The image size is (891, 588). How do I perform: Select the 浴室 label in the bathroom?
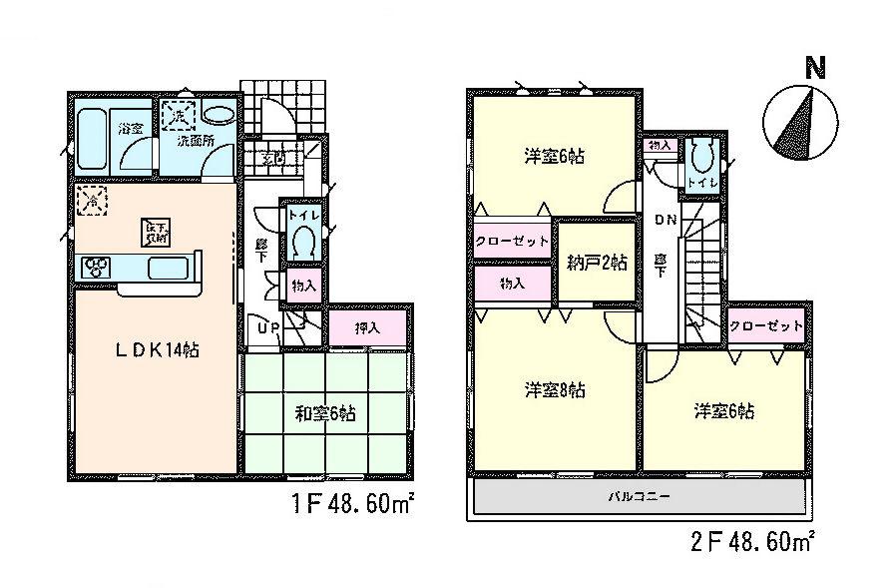click(x=130, y=127)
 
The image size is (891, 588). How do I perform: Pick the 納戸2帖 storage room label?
click(x=596, y=263)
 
